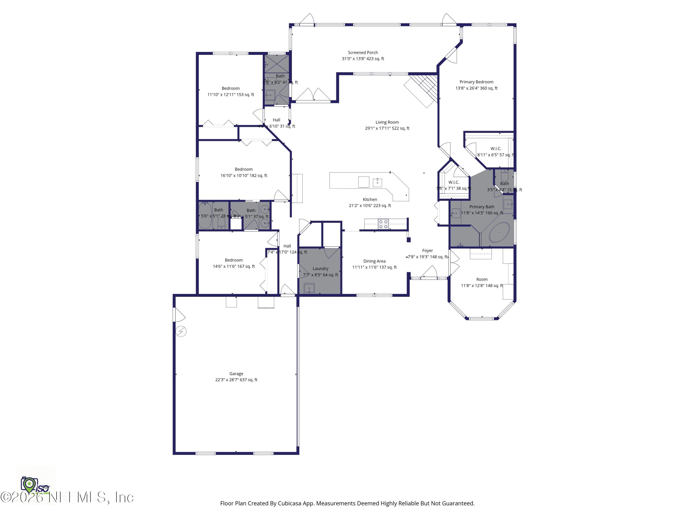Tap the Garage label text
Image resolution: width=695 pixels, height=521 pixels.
[x=236, y=374]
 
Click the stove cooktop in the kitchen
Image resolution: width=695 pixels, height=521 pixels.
[x=383, y=224]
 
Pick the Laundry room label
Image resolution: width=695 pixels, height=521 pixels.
[x=320, y=269]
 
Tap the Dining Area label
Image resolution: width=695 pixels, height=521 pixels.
[x=374, y=261]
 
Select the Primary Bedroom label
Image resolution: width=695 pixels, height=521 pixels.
[x=476, y=82]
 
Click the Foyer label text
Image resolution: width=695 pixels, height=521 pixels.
[x=427, y=251]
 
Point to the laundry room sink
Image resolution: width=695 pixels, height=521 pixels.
[x=309, y=288]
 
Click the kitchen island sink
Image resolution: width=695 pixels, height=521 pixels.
[x=377, y=182]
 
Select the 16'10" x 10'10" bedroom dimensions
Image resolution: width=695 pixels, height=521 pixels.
[x=243, y=176]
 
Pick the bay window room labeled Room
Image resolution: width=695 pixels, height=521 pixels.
[x=482, y=279]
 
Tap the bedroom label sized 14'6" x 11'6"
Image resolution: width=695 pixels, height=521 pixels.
[x=234, y=260]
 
